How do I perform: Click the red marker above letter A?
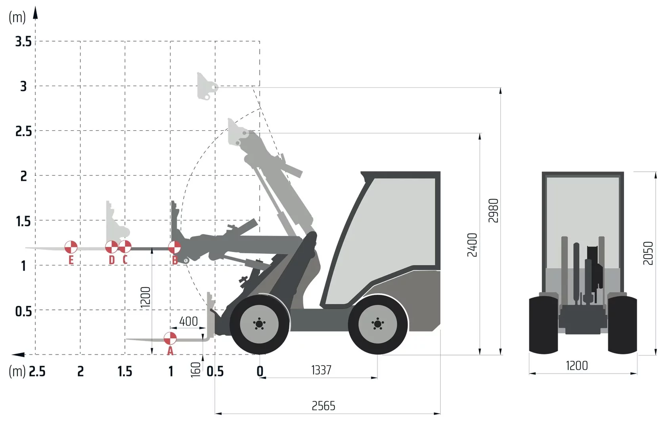click(170, 338)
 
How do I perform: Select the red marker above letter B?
click(174, 247)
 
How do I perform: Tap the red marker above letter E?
click(71, 247)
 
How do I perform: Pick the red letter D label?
click(111, 260)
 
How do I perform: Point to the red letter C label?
click(125, 260)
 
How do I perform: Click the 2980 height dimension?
click(493, 210)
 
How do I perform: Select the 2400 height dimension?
click(472, 245)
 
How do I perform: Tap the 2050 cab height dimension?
click(648, 253)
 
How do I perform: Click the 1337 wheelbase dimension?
click(321, 370)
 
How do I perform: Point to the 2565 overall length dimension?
click(323, 406)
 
